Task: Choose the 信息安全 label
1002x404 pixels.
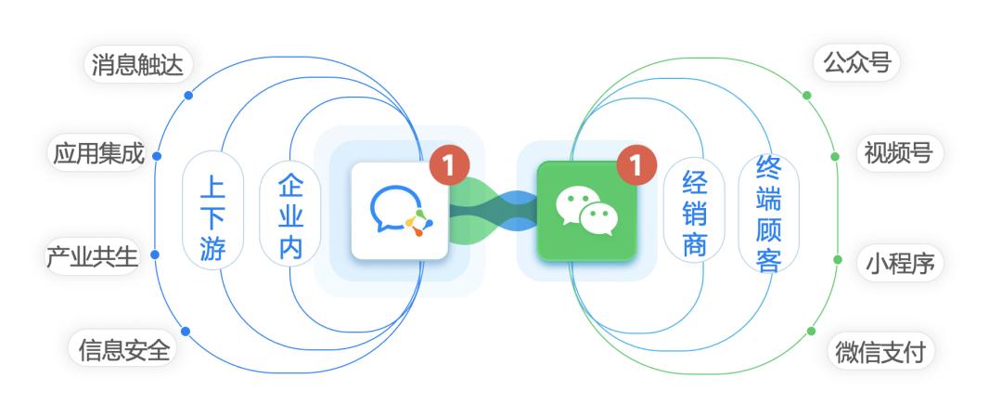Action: (x=124, y=350)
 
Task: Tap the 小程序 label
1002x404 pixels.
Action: (x=898, y=264)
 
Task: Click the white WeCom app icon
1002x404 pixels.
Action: (x=400, y=211)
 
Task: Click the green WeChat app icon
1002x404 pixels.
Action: (x=586, y=211)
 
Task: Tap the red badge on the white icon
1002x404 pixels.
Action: (x=449, y=165)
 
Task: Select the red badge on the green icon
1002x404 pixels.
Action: (x=636, y=165)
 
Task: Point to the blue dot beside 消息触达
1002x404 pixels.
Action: (x=188, y=95)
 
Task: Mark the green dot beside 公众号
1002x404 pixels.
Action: (x=807, y=95)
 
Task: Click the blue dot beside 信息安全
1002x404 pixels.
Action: (x=186, y=331)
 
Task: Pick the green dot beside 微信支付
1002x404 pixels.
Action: (x=811, y=331)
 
